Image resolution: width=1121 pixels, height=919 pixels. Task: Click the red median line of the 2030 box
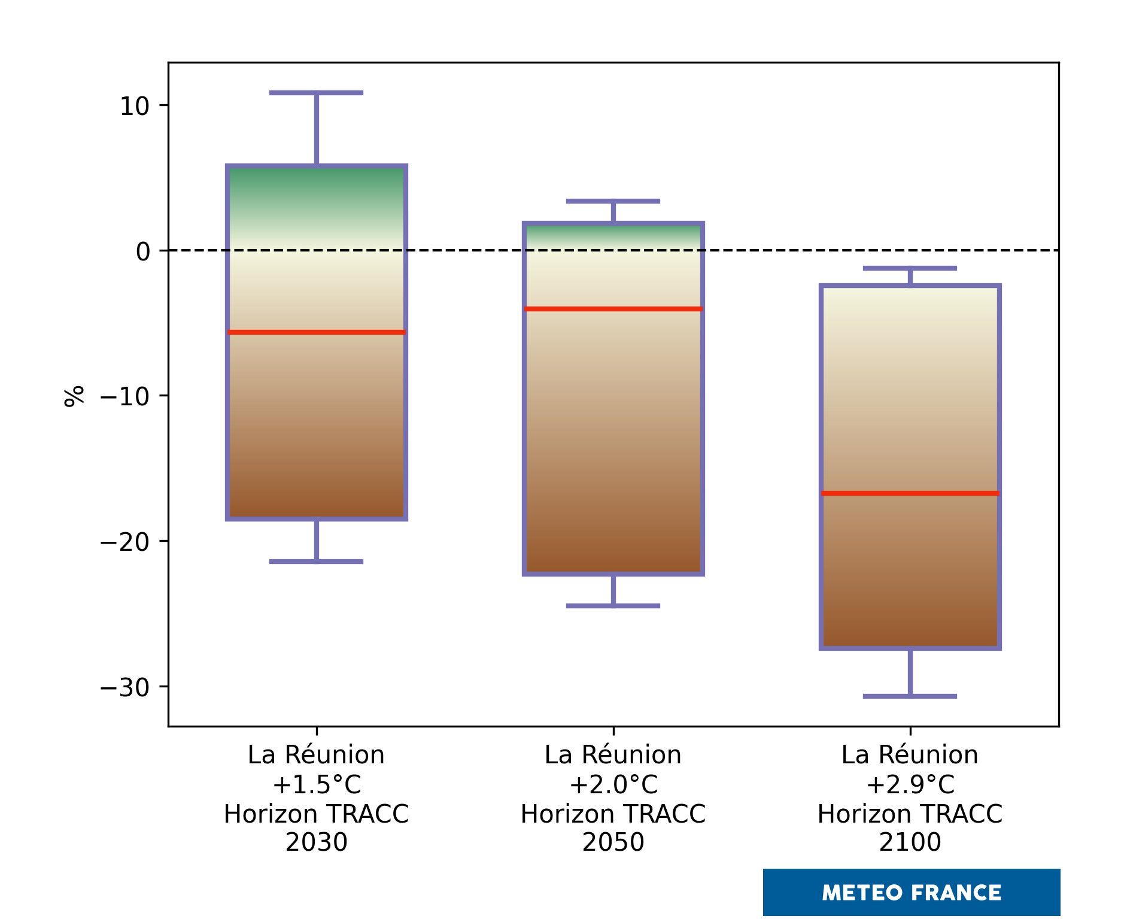(316, 332)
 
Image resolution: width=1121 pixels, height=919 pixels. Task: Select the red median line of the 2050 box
(613, 309)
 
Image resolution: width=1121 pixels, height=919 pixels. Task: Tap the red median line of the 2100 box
(910, 493)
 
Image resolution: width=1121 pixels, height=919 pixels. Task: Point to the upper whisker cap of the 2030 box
(316, 93)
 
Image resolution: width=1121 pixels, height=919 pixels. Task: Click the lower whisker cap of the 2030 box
(316, 562)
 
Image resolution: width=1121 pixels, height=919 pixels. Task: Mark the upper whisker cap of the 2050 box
(613, 201)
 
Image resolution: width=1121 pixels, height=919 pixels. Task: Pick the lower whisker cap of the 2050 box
(613, 606)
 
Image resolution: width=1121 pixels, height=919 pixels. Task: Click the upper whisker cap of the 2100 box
(910, 268)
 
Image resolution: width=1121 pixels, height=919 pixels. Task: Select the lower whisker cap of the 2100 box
(910, 696)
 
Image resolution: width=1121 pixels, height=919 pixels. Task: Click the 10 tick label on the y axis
(134, 107)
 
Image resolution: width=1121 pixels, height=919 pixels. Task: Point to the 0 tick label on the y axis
(143, 251)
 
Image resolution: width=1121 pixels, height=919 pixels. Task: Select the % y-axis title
(74, 396)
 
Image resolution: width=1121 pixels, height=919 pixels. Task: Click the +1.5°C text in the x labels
(317, 784)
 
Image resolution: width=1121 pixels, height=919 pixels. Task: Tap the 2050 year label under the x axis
(613, 842)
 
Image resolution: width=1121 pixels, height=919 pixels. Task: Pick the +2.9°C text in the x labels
(910, 784)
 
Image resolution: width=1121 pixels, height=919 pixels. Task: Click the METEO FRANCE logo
(911, 893)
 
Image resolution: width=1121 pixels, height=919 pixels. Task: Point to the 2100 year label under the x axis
(910, 842)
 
